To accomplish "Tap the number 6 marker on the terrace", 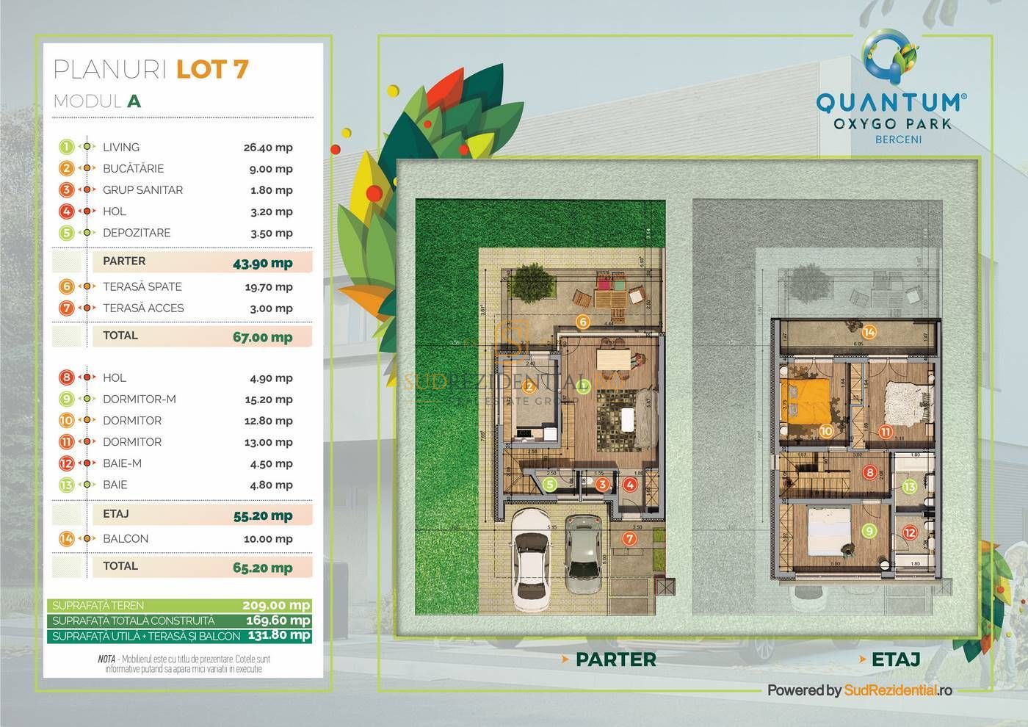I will (582, 322).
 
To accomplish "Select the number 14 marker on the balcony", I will (869, 332).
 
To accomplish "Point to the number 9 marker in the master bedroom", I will (869, 530).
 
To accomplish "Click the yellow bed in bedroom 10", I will (806, 400).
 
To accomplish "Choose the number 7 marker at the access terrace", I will (629, 538).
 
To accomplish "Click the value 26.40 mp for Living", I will (268, 148).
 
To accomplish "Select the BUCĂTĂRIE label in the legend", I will (133, 169).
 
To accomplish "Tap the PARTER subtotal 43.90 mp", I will (262, 263).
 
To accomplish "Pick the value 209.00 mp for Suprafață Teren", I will (276, 606).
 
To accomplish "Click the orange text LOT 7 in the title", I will (212, 69).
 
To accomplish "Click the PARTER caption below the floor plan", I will (615, 659).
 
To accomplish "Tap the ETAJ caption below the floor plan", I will (895, 659).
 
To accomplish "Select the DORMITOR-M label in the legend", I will (140, 399).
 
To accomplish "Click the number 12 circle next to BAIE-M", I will (67, 463).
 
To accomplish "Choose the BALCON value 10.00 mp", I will (268, 539).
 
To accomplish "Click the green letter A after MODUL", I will (134, 101).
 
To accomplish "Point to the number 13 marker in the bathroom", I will (909, 486).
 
